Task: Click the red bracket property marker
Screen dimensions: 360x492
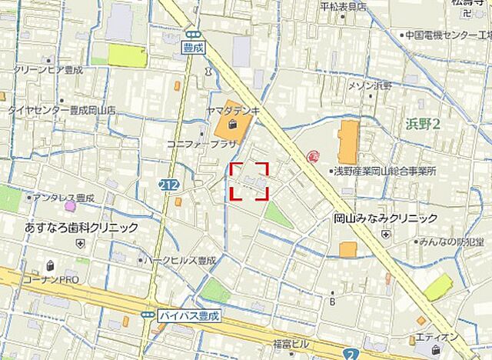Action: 249,182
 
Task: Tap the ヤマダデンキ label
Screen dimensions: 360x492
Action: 234,111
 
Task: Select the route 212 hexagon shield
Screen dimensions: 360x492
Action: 170,185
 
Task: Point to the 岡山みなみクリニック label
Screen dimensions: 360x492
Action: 385,218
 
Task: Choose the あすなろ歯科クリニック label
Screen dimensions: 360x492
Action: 81,228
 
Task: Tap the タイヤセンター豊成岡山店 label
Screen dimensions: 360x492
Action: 61,110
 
